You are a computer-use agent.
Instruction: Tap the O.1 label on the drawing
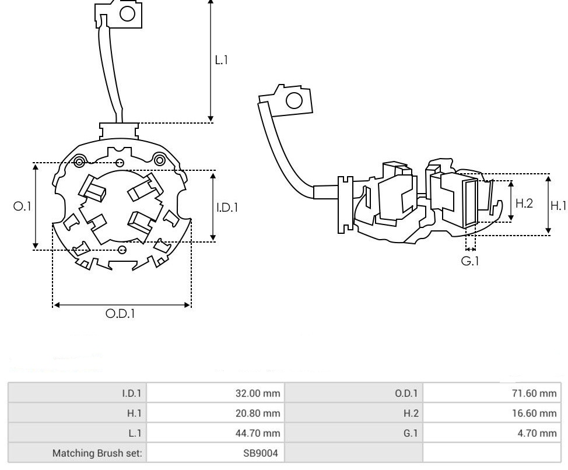(22, 206)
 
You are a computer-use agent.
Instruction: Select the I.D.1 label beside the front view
(227, 206)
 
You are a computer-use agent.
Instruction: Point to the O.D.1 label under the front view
(121, 314)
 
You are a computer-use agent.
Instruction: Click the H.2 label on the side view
(524, 203)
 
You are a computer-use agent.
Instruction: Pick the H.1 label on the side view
(558, 205)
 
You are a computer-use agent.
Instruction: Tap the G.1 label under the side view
(470, 261)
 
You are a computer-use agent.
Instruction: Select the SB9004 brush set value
(261, 453)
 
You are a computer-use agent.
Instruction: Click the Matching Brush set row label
(97, 453)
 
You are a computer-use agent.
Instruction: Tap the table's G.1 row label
(411, 433)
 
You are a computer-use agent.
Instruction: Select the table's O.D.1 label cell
(406, 394)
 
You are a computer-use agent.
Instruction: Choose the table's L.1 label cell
(135, 433)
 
